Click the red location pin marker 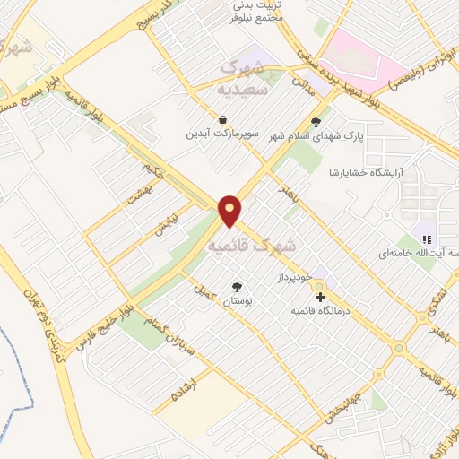[x=230, y=210]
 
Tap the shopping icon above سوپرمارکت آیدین [x=221, y=118]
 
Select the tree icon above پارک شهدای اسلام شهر [x=315, y=121]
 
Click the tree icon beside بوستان [x=237, y=288]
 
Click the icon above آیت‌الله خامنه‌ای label [x=428, y=239]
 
